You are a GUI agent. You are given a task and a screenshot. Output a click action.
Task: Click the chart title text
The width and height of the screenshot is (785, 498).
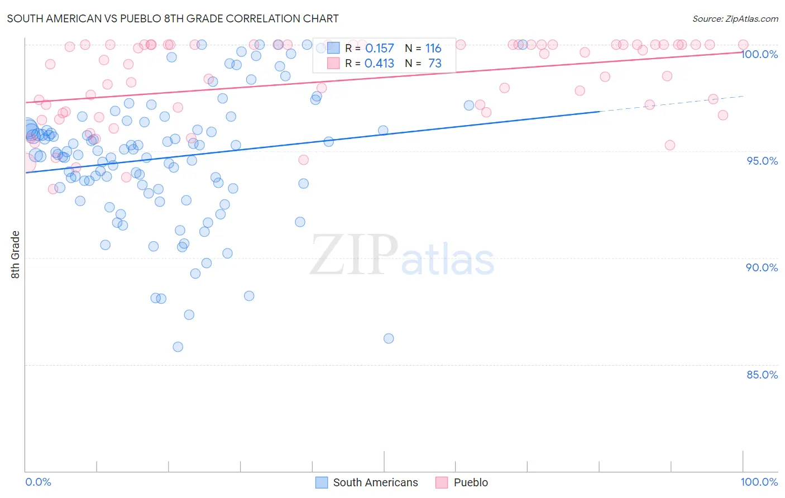pyautogui.click(x=173, y=18)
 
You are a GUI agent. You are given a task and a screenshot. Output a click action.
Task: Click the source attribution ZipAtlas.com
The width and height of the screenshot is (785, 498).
pyautogui.click(x=735, y=18)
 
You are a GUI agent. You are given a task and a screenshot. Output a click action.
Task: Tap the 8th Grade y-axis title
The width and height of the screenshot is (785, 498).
pyautogui.click(x=15, y=255)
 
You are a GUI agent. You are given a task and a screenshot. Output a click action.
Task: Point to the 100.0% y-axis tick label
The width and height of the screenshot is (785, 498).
pyautogui.click(x=759, y=54)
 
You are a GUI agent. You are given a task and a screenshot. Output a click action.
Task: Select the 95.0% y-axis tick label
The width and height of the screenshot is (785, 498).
pyautogui.click(x=762, y=161)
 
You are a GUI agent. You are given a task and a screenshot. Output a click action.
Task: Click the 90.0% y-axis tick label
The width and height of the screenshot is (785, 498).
pyautogui.click(x=762, y=267)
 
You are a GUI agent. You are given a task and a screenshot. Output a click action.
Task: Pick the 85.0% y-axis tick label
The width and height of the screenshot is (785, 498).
pyautogui.click(x=762, y=375)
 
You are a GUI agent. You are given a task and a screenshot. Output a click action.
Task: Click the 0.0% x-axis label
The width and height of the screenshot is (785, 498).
pyautogui.click(x=38, y=482)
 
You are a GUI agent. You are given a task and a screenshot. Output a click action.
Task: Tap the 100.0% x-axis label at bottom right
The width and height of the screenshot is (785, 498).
pyautogui.click(x=759, y=482)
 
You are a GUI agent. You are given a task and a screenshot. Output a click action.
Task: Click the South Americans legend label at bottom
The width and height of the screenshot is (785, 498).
pyautogui.click(x=375, y=482)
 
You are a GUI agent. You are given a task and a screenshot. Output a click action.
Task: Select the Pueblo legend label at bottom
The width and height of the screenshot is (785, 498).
pyautogui.click(x=471, y=482)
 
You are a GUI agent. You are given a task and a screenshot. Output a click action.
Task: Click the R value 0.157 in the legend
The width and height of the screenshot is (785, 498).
pyautogui.click(x=379, y=49)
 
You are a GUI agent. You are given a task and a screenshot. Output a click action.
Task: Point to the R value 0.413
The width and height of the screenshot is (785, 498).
pyautogui.click(x=379, y=64)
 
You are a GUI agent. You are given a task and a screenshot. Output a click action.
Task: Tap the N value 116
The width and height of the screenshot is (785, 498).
pyautogui.click(x=433, y=49)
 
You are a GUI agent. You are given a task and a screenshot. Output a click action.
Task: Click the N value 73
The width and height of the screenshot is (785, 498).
pyautogui.click(x=435, y=64)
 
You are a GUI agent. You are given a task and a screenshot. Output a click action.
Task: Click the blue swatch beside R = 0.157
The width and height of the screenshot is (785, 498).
pyautogui.click(x=333, y=48)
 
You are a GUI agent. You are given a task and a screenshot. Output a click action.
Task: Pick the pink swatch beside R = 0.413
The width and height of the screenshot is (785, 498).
pyautogui.click(x=333, y=63)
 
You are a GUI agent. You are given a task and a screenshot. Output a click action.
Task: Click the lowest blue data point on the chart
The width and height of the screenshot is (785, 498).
pyautogui.click(x=178, y=347)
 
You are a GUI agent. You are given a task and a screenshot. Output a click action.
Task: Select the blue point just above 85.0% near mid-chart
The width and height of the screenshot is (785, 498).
pyautogui.click(x=389, y=338)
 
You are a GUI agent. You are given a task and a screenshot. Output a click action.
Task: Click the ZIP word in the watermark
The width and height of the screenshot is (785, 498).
pyautogui.click(x=354, y=255)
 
